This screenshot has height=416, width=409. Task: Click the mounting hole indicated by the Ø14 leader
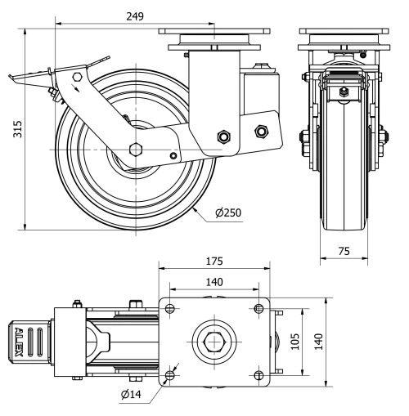coord(170,375)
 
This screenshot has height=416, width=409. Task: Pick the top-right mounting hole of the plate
coord(259,307)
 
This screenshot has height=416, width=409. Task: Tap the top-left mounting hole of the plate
coord(170,307)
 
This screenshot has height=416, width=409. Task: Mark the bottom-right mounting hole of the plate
coord(259,375)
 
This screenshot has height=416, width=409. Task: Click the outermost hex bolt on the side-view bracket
coord(262,130)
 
